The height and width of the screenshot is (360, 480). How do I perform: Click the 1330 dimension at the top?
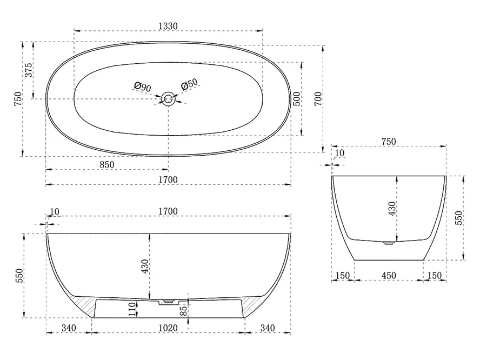(168, 26)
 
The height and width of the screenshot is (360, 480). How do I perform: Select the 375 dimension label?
(28, 70)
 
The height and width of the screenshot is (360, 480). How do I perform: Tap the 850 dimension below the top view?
(107, 165)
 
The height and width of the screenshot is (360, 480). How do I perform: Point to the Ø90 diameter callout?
(143, 87)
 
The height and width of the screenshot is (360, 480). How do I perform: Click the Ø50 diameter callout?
(189, 84)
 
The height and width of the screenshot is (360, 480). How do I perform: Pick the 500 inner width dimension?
(297, 98)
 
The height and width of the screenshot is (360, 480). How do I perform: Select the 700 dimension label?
(318, 98)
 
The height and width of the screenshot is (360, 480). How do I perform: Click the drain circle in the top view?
(168, 98)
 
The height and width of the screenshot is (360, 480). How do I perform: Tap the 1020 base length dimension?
(168, 328)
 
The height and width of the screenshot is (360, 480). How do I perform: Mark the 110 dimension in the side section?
(132, 309)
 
